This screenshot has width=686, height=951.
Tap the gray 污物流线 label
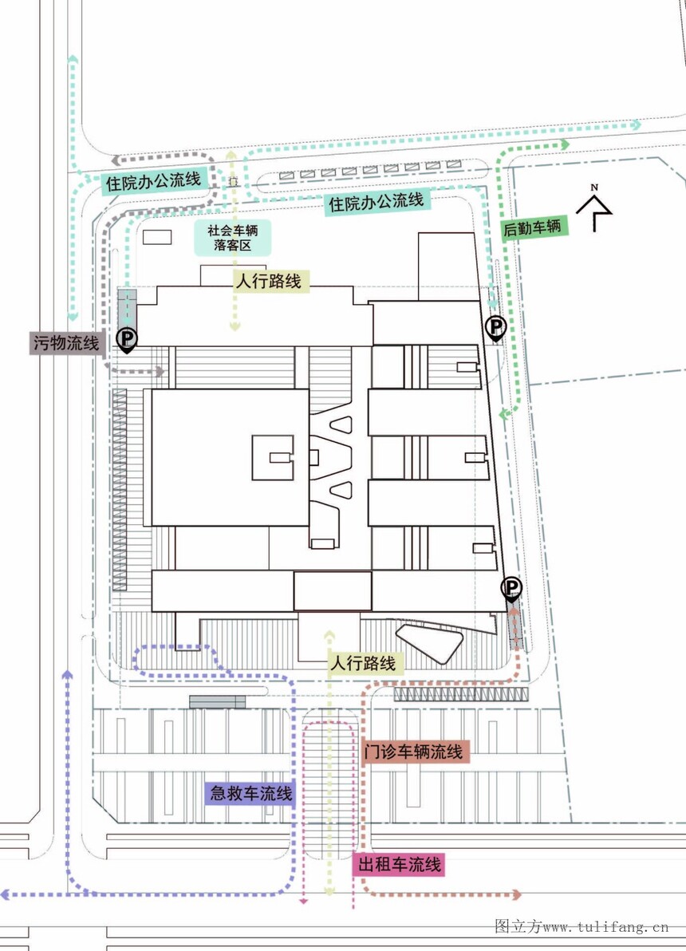67,343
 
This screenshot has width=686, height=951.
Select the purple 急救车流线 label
250,793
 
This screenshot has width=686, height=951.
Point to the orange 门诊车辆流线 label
414,752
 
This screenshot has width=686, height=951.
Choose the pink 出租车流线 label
399,864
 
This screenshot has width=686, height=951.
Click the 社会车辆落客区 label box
232,238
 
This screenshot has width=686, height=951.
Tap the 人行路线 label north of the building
270,282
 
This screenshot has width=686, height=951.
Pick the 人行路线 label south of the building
363,663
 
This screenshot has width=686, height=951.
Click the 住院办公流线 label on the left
153,181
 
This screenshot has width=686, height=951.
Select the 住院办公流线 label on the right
377,201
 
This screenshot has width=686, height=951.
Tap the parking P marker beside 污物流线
126,339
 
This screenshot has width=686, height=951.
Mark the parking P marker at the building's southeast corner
511,588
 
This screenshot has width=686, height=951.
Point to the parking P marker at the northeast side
495,328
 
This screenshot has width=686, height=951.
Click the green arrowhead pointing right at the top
565,144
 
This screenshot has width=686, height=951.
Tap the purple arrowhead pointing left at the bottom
5,894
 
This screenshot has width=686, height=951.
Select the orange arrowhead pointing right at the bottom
516,894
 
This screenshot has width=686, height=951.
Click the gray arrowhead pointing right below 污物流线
160,370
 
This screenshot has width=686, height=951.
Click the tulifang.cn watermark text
581,927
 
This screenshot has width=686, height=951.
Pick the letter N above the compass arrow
594,187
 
